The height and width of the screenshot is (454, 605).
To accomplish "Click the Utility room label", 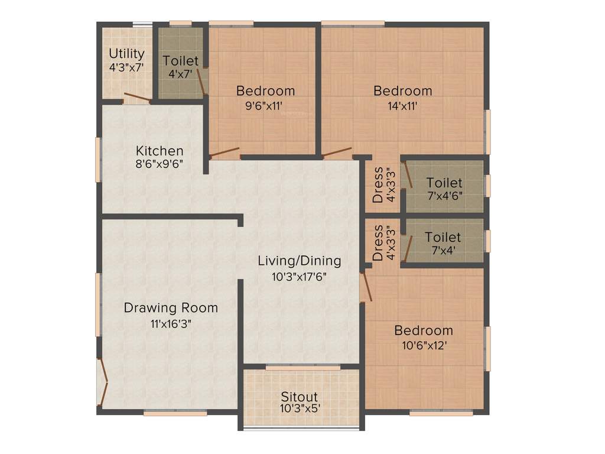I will tap(126, 54).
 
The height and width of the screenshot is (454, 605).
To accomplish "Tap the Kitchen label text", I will tap(160, 151).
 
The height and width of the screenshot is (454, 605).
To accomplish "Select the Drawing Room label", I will tap(171, 308).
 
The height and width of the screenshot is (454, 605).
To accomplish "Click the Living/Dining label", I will tap(299, 261).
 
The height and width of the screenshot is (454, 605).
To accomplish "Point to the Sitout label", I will tap(299, 397).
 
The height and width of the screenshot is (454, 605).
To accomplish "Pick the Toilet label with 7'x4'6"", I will tap(444, 183).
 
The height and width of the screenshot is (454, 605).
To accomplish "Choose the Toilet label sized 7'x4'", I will tap(443, 238).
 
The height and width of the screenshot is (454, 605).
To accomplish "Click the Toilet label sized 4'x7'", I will tap(181, 61).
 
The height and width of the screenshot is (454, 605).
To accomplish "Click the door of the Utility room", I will tap(137, 99).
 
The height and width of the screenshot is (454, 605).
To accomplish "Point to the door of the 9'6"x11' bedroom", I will tap(225, 153).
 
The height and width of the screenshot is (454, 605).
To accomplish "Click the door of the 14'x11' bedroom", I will tap(336, 153).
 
